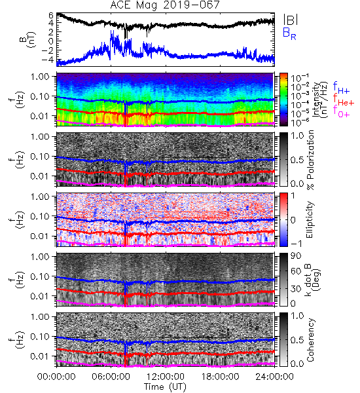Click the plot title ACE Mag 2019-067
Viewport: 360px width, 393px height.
(165, 5)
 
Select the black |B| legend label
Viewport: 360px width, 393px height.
(291, 20)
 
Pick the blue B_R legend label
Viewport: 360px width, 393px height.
(289, 33)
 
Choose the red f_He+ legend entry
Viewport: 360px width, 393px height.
(344, 100)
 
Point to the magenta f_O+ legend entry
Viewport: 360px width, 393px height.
(341, 111)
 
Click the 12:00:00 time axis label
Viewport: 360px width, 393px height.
(166, 377)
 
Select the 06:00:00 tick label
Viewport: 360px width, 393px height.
(111, 377)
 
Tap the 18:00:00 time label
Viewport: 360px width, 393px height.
(220, 377)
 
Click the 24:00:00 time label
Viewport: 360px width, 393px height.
(274, 377)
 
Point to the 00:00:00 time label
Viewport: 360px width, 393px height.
(56, 377)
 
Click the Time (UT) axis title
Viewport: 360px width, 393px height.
(165, 386)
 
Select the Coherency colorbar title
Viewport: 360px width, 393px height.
(310, 340)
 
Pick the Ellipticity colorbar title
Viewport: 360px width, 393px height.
(310, 220)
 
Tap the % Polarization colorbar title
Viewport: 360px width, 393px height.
(310, 160)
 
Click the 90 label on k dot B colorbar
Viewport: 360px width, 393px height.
(296, 256)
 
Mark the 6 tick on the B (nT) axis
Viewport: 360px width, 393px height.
(51, 16)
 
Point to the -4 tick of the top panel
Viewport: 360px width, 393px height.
(48, 60)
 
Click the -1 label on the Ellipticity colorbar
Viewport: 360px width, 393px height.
(297, 244)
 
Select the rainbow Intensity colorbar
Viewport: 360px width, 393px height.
(283, 100)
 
